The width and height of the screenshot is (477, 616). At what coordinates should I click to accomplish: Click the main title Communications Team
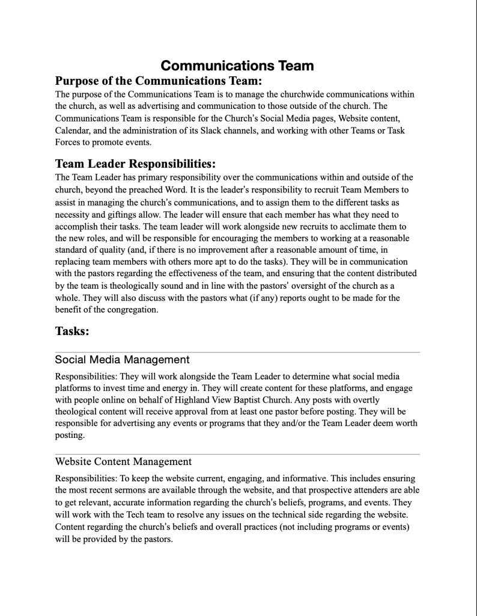[x=237, y=65]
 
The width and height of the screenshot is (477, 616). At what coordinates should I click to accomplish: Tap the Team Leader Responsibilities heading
[x=135, y=164]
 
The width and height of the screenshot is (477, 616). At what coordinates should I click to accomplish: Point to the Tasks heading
[x=72, y=331]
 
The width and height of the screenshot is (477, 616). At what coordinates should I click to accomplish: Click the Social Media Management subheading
[x=122, y=360]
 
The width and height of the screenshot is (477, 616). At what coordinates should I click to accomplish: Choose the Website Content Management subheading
[x=123, y=462]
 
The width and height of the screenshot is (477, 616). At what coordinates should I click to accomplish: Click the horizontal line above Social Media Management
[x=237, y=351]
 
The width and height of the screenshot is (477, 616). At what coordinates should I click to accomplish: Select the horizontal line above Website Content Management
[x=237, y=454]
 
